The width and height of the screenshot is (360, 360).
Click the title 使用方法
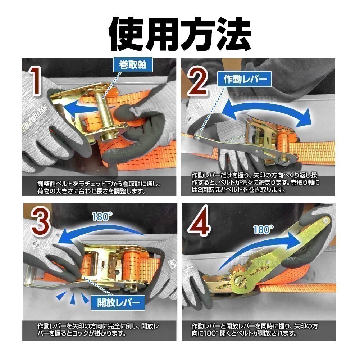click(x=180, y=34)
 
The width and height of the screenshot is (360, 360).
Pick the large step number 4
click(x=199, y=220)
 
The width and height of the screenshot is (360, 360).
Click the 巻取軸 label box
click(x=133, y=65)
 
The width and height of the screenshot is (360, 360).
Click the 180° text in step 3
click(x=102, y=217)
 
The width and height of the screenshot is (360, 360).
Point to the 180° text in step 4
click(x=263, y=230)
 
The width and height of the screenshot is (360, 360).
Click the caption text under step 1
click(x=99, y=187)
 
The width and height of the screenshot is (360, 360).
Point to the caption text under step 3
click(x=98, y=329)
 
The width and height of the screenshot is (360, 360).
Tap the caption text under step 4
click(x=255, y=329)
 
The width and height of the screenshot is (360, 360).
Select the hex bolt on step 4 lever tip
click(x=325, y=221)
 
